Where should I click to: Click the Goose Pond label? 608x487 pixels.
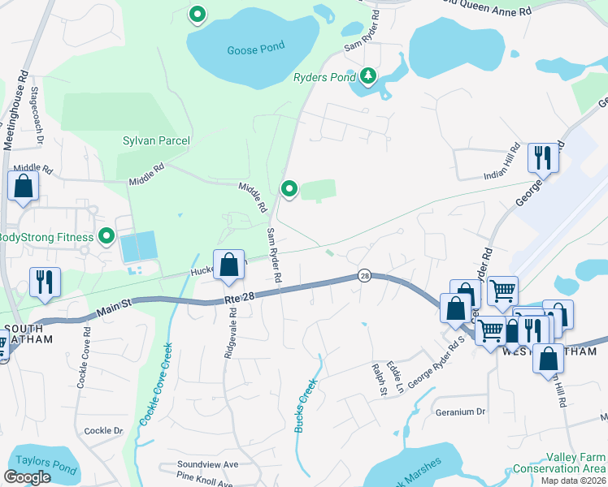pos(255,47)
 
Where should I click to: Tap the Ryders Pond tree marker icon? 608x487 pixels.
pos(369,75)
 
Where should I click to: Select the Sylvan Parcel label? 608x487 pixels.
pos(156,140)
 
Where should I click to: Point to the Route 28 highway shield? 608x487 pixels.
pos(364,277)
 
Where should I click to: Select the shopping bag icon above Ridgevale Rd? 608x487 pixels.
pos(229,265)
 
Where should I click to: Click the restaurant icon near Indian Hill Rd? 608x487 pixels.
pos(542,157)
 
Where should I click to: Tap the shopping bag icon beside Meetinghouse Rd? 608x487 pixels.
pos(24,185)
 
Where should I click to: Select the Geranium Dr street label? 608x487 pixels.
pos(460,412)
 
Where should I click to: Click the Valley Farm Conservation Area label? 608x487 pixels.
pos(558,463)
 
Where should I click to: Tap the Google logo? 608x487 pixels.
pos(27,477)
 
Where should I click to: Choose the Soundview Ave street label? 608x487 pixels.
pos(207,464)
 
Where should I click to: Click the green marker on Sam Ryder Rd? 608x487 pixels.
pos(289,189)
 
